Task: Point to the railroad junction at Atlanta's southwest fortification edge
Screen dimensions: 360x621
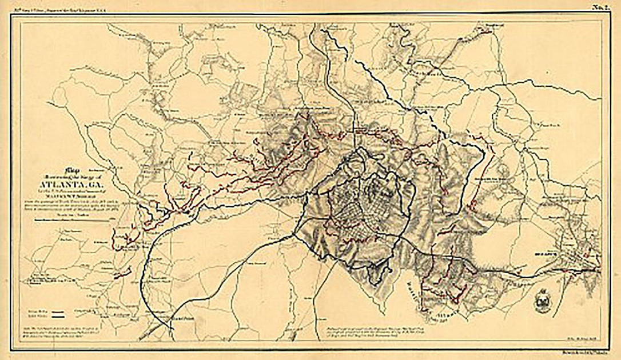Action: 297,228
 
